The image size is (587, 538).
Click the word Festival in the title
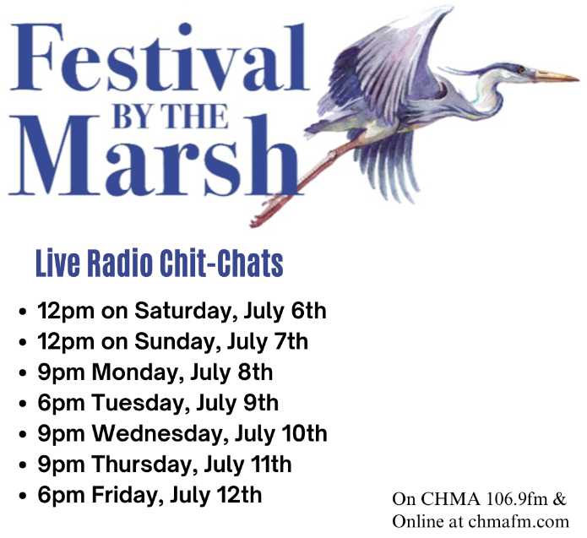[160, 57]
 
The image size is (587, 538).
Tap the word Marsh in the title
[155, 155]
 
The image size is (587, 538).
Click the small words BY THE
[171, 117]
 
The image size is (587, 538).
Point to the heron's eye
[521, 69]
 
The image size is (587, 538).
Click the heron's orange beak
[557, 76]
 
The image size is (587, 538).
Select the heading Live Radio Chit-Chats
[159, 264]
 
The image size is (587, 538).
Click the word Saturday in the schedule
[186, 312]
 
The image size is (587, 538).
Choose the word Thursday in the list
[145, 465]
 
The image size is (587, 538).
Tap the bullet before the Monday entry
[23, 373]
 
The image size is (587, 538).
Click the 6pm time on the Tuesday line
[61, 404]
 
